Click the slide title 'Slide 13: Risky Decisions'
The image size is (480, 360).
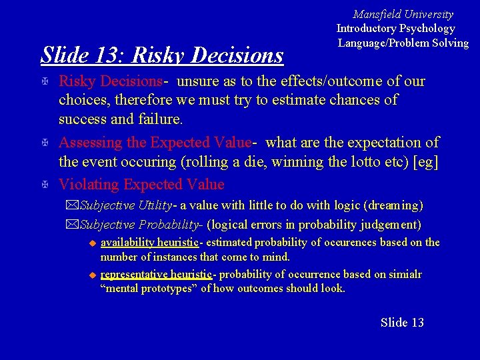coord(162,55)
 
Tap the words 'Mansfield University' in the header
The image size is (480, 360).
coord(403,14)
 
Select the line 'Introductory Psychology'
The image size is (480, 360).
coord(395,28)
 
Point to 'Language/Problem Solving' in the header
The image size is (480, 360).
coord(403,43)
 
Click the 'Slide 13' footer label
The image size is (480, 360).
coord(402,323)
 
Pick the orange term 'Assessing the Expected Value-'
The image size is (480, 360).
coord(155,142)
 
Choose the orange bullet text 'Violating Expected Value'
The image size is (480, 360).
coord(141,184)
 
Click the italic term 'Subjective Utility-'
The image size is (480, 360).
coord(127,205)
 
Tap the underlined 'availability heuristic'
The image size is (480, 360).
coord(149,243)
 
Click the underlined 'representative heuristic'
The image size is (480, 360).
coord(155,275)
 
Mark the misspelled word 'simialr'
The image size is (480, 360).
coord(405,275)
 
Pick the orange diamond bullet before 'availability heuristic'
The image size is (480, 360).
coord(93,243)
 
